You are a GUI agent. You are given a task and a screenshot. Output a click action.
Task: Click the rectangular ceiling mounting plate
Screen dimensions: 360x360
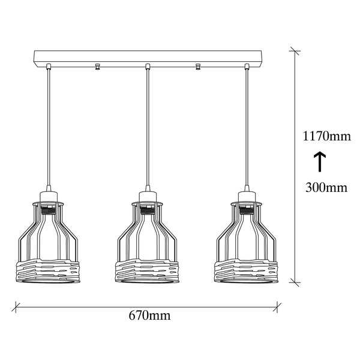coord(148,59)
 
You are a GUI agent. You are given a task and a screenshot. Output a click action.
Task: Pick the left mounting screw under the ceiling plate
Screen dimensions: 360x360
coord(97,67)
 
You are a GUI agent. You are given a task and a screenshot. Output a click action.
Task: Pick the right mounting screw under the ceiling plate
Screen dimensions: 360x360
coord(198,67)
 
